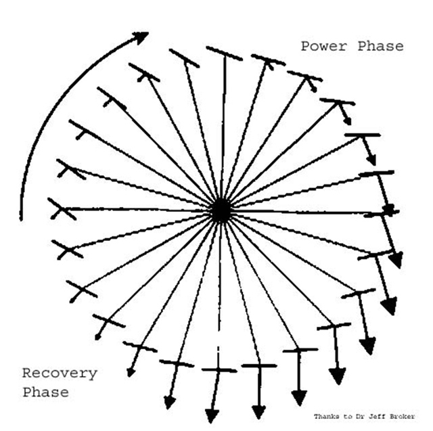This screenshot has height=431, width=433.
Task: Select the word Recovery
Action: pos(60,373)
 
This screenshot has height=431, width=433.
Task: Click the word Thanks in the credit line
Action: pos(326,416)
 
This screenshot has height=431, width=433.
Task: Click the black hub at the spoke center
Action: pos(220,211)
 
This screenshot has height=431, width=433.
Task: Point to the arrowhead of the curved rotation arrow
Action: pos(142,37)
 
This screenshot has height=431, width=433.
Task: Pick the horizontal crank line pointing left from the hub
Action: pos(135,210)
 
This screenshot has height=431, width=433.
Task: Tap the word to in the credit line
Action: pos(347,416)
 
